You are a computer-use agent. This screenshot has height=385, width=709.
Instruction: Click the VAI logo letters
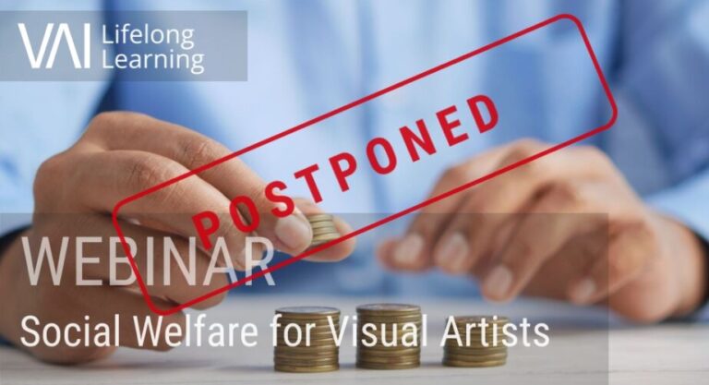(x=54, y=46)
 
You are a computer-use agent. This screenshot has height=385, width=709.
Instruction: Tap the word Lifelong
(x=148, y=37)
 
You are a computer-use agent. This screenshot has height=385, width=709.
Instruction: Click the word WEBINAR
(x=149, y=262)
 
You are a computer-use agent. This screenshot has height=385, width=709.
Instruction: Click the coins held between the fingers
(x=322, y=230)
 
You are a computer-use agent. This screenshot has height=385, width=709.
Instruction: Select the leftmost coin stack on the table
(x=307, y=340)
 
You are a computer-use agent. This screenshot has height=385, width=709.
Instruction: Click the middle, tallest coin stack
(x=389, y=336)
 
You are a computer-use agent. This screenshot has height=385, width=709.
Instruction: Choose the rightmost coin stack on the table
(x=475, y=342)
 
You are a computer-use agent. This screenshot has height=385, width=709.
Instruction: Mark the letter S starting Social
(x=28, y=331)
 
